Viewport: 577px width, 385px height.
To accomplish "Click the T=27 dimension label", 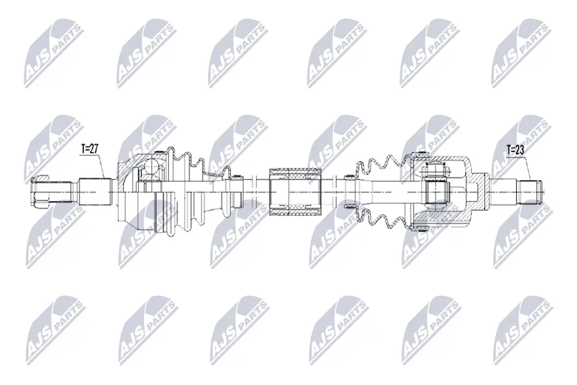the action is pyautogui.click(x=88, y=149).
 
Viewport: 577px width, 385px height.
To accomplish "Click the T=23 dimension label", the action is pyautogui.click(x=515, y=149).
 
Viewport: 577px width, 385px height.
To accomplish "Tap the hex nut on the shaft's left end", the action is pyautogui.click(x=40, y=191).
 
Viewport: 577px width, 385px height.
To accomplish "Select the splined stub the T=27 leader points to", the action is pyautogui.click(x=95, y=192).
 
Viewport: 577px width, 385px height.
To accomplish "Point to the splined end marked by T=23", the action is pyautogui.click(x=530, y=192).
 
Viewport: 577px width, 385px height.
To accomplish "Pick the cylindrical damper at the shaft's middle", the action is pyautogui.click(x=296, y=192).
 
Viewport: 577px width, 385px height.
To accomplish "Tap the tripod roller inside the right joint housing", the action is pyautogui.click(x=436, y=192).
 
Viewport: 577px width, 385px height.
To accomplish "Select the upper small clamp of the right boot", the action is pyautogui.click(x=350, y=177).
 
